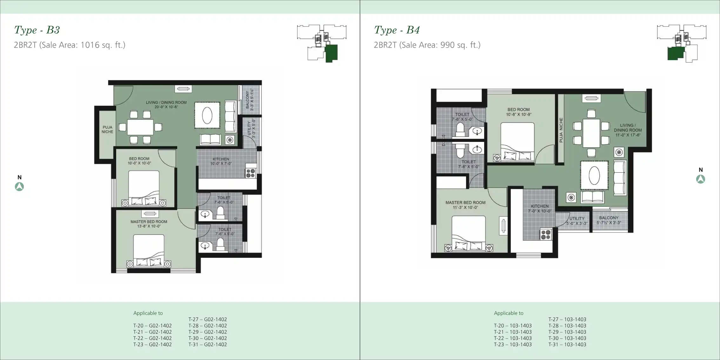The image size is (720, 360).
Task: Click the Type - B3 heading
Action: [x=37, y=30]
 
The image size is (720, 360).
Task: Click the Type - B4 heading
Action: [x=397, y=30]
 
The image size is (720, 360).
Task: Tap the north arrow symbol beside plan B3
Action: [x=19, y=187]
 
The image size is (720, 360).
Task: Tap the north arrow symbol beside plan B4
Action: [x=701, y=179]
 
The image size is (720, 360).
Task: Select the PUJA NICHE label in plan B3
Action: [x=107, y=130]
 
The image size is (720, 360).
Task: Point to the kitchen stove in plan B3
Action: [x=250, y=173]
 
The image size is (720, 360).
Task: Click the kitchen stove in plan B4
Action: [x=546, y=235]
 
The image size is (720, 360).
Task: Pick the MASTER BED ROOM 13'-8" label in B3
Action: [x=149, y=224]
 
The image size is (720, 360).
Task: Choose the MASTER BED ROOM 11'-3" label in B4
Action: [x=465, y=205]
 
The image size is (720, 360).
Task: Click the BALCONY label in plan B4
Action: [x=609, y=220]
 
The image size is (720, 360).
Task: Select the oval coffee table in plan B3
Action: [x=207, y=116]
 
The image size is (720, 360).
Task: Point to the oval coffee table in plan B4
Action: [x=594, y=175]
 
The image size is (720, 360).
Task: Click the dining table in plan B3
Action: [x=140, y=127]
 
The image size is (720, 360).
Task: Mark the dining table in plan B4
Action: [x=591, y=133]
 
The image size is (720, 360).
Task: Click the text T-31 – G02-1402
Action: [x=208, y=344]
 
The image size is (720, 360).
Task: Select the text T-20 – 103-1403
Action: [x=512, y=326]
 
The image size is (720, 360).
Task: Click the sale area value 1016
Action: [x=90, y=45]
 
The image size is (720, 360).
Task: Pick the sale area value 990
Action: [x=447, y=45]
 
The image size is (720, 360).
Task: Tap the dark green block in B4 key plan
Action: [x=675, y=53]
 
